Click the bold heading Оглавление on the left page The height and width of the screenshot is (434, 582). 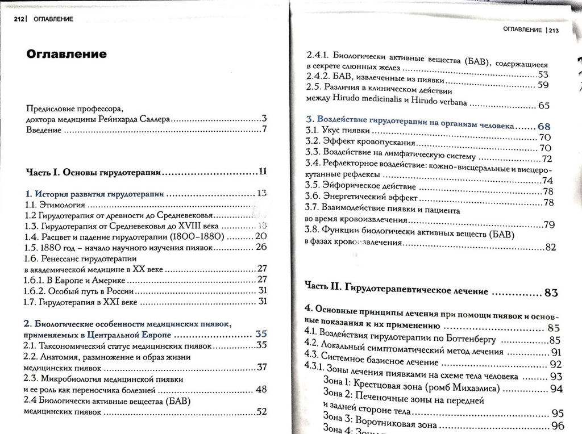pos(66,55)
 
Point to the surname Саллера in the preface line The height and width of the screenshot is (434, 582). pos(153,120)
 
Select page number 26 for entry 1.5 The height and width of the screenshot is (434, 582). pos(261,247)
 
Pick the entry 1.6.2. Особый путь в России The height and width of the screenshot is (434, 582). pos(74,289)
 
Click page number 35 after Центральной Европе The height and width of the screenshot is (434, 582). pos(261,334)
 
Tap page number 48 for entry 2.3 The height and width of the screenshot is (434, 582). pos(261,389)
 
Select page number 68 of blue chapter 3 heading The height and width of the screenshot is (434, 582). pos(544,126)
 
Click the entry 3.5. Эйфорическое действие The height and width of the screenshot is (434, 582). pos(360,186)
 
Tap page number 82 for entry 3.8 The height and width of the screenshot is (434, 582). pos(550,247)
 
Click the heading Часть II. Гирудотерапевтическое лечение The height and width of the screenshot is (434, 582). pos(396,291)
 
